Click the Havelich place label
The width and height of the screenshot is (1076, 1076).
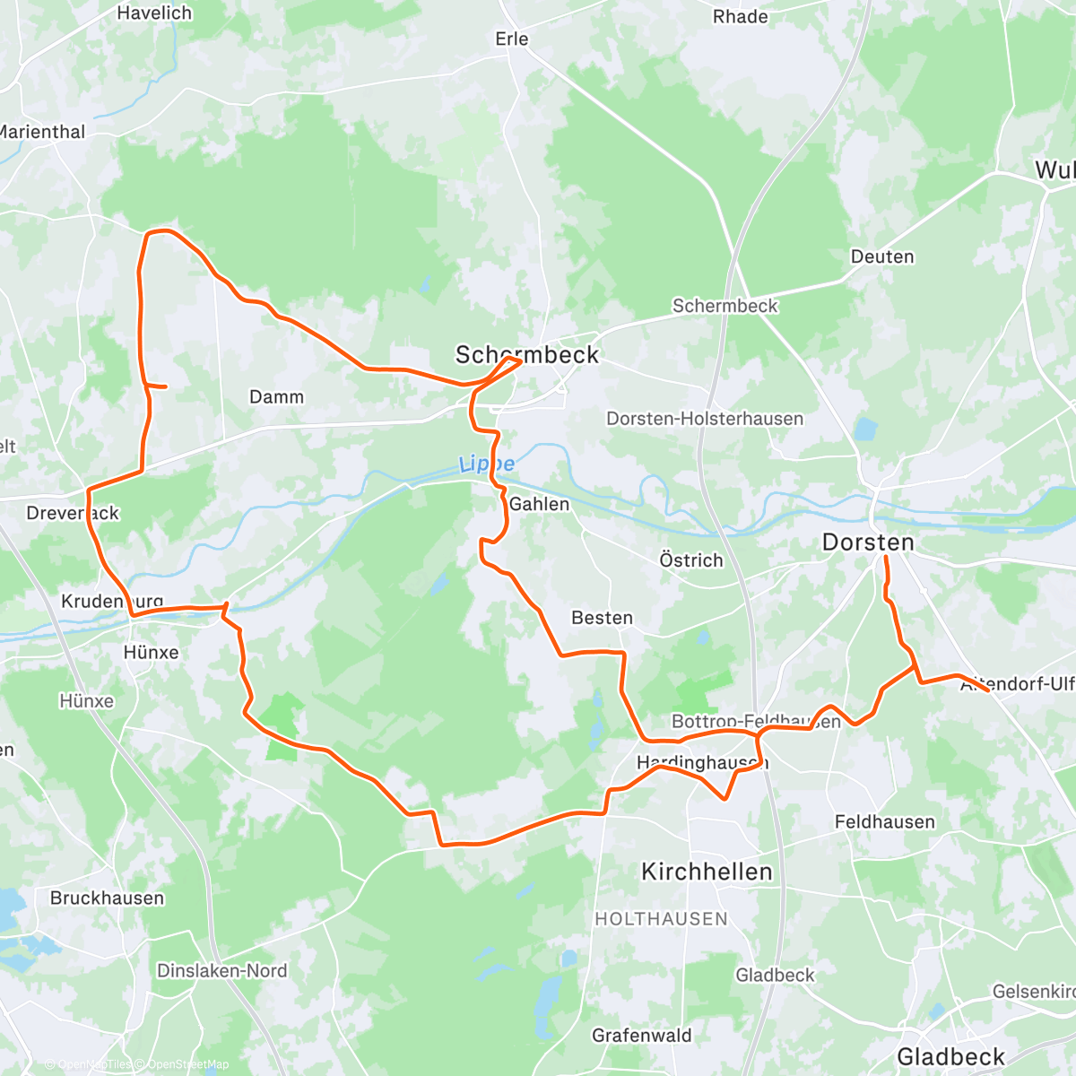tap(154, 13)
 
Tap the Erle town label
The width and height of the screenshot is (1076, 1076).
tap(512, 39)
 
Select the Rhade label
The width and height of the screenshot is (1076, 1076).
tap(740, 17)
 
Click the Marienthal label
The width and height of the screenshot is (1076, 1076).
tap(42, 132)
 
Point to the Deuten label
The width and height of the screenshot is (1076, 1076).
tap(882, 256)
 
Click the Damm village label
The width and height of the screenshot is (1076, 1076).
tap(276, 396)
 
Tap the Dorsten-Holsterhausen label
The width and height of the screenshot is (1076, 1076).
tap(705, 419)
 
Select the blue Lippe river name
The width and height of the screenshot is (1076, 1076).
tap(487, 464)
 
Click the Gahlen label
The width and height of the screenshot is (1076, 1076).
tap(539, 504)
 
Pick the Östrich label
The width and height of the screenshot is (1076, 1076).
tap(690, 560)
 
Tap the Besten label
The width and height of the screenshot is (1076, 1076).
tap(602, 618)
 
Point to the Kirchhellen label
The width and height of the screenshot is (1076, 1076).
tap(707, 872)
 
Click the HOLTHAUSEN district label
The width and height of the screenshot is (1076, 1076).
tap(662, 919)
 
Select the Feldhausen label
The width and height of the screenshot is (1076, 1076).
tap(884, 822)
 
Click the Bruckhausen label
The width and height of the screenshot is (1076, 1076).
tap(108, 898)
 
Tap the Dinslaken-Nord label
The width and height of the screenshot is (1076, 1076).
tap(221, 970)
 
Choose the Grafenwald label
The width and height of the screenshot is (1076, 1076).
tap(642, 1036)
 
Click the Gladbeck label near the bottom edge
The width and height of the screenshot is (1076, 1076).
tap(950, 1056)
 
